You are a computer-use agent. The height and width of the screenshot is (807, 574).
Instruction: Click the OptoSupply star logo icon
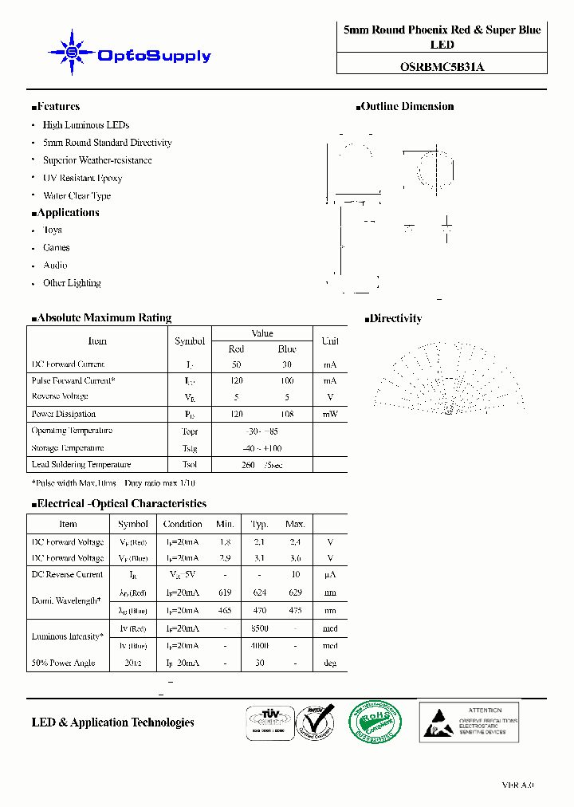(72, 53)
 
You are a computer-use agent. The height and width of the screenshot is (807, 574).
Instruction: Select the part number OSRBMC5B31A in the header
(442, 68)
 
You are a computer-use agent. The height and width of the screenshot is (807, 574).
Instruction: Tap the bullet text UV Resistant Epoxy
(82, 178)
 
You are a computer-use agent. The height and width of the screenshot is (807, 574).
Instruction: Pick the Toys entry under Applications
(53, 230)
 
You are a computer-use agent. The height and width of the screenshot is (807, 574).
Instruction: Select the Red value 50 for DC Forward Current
(236, 364)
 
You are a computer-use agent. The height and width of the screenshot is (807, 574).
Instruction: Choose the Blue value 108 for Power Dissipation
(287, 414)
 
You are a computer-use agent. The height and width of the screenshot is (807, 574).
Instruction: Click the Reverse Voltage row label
(60, 396)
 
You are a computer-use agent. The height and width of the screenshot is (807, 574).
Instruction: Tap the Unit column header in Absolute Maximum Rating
(329, 341)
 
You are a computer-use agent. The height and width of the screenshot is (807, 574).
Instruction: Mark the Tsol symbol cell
(190, 464)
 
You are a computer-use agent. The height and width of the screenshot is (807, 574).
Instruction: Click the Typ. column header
(259, 524)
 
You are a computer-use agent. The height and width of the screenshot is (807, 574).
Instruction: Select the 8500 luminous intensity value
(259, 628)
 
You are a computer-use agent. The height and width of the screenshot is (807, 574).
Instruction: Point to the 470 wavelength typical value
(259, 610)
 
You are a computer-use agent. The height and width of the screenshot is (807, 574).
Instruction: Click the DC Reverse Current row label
(67, 574)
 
